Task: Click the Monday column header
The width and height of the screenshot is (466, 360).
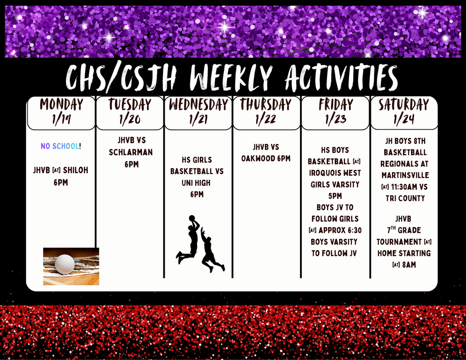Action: pos(61,105)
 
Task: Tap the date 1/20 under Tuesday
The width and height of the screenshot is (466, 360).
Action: pos(130,120)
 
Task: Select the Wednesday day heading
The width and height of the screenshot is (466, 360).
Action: pos(198,105)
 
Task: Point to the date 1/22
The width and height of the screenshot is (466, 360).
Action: pos(266,120)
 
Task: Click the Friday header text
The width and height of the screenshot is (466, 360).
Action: pos(335,105)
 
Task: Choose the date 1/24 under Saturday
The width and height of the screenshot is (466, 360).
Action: pos(404,120)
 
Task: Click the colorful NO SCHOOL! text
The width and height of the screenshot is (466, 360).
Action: pos(61,146)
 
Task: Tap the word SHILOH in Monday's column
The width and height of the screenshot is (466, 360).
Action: pos(76,170)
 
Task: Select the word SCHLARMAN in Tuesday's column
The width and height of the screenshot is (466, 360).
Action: pos(131,152)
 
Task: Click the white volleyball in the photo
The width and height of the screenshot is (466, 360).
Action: pos(65,264)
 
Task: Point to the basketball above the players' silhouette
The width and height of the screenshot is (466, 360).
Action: pos(192,218)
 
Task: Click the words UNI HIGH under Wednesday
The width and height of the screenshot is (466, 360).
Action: pos(197,183)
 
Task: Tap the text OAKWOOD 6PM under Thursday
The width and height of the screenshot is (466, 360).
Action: pos(266,159)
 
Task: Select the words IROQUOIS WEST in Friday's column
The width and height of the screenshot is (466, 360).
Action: pos(335,173)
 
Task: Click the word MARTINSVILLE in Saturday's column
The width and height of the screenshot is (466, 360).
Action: pos(405,175)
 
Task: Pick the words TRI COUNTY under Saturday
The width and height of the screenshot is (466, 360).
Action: pos(405,198)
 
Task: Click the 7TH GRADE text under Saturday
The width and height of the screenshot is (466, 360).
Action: pos(404,230)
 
